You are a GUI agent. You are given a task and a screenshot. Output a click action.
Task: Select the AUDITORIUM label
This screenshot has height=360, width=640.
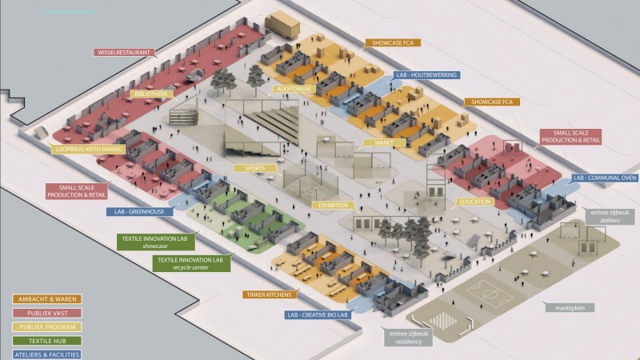pyautogui.click(x=292, y=90)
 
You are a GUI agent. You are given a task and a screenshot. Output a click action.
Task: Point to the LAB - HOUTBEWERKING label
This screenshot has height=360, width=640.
pyautogui.click(x=426, y=74)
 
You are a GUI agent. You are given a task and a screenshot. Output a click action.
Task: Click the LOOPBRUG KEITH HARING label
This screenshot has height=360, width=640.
pyautogui.click(x=89, y=149)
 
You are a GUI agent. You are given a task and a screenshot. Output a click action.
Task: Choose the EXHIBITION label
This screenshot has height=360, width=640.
pyautogui.click(x=333, y=205)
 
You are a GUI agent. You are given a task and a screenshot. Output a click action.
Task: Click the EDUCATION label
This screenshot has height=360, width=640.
pyautogui.click(x=474, y=202)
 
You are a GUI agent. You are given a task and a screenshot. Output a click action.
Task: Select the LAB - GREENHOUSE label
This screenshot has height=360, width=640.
pyautogui.click(x=138, y=212)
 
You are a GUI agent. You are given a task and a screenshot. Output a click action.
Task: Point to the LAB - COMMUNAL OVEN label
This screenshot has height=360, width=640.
pyautogui.click(x=604, y=178)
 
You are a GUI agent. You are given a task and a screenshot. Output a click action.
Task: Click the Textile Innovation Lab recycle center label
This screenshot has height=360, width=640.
pyautogui.click(x=190, y=264)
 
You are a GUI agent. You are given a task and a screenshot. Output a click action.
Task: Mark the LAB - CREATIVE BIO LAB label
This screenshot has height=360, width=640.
pyautogui.click(x=318, y=314)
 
